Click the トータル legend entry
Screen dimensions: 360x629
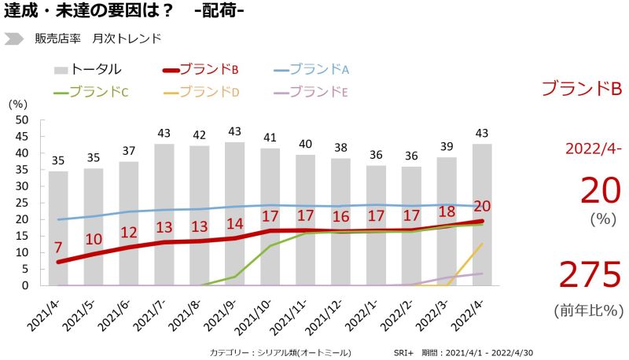tap(88, 69)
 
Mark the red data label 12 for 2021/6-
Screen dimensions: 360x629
tap(129, 232)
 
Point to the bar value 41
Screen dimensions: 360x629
tap(270, 138)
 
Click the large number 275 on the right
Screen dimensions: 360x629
tap(590, 275)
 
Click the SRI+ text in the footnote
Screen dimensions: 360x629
tap(404, 352)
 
